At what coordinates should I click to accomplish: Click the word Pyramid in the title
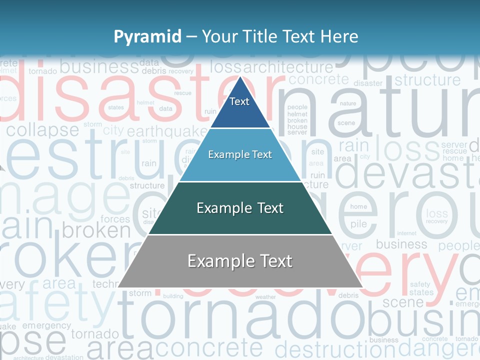pos(147,36)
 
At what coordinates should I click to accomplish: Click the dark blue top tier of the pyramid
pos(240,107)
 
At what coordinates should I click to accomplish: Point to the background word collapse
pos(42,130)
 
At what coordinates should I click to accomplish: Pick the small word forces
pos(115,219)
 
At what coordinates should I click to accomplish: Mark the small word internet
pos(406,233)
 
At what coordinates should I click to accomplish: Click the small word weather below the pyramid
pos(265,297)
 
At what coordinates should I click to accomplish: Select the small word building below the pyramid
pos(173,296)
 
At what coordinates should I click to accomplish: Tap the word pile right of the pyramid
pos(358,224)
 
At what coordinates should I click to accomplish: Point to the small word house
pos(297,127)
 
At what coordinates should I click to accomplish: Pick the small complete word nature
pos(348,103)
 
